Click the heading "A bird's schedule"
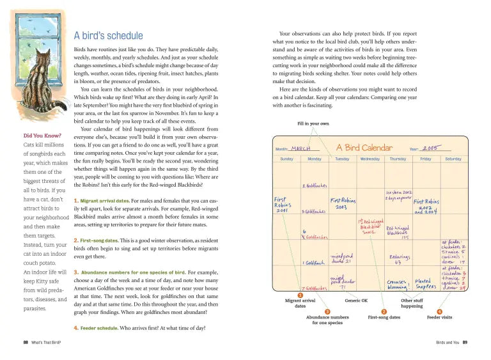coord(109,36)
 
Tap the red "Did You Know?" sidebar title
coord(42,136)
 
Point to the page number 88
coord(26,343)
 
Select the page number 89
coord(465,343)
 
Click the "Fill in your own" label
coord(313,123)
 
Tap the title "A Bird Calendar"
coord(364,148)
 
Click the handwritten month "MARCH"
coord(306,148)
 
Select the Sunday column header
coord(286,159)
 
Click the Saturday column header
coord(453,159)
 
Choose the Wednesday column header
coord(370,159)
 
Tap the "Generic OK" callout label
coord(356,300)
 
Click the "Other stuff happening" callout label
coord(412,303)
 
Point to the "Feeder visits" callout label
coord(439,317)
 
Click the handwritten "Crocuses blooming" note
coord(397,284)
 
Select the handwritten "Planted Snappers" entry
coord(425,284)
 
